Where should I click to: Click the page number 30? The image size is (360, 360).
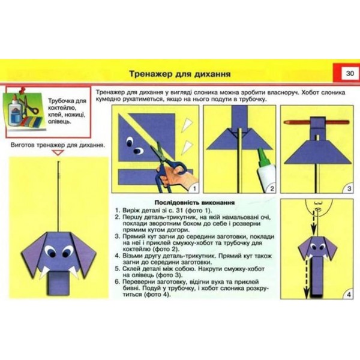[x=350, y=73]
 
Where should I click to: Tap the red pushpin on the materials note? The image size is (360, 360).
[x=22, y=90]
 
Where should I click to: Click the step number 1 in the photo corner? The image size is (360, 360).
[x=194, y=189]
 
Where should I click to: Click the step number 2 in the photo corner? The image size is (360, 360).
[x=272, y=189]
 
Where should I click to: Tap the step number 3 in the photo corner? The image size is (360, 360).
[x=349, y=189]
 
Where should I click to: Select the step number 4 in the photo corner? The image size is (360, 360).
[x=349, y=295]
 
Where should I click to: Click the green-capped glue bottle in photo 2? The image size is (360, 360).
[x=266, y=169]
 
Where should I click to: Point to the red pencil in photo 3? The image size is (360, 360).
[x=316, y=122]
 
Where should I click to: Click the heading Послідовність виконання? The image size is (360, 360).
[x=194, y=203]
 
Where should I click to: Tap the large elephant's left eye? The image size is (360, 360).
[x=51, y=251]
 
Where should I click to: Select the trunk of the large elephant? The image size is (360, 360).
[x=58, y=283]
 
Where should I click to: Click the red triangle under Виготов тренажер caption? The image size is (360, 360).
[x=58, y=152]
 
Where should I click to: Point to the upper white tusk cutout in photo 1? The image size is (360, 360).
[x=187, y=125]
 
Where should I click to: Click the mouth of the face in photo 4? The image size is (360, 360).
[x=318, y=209]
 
